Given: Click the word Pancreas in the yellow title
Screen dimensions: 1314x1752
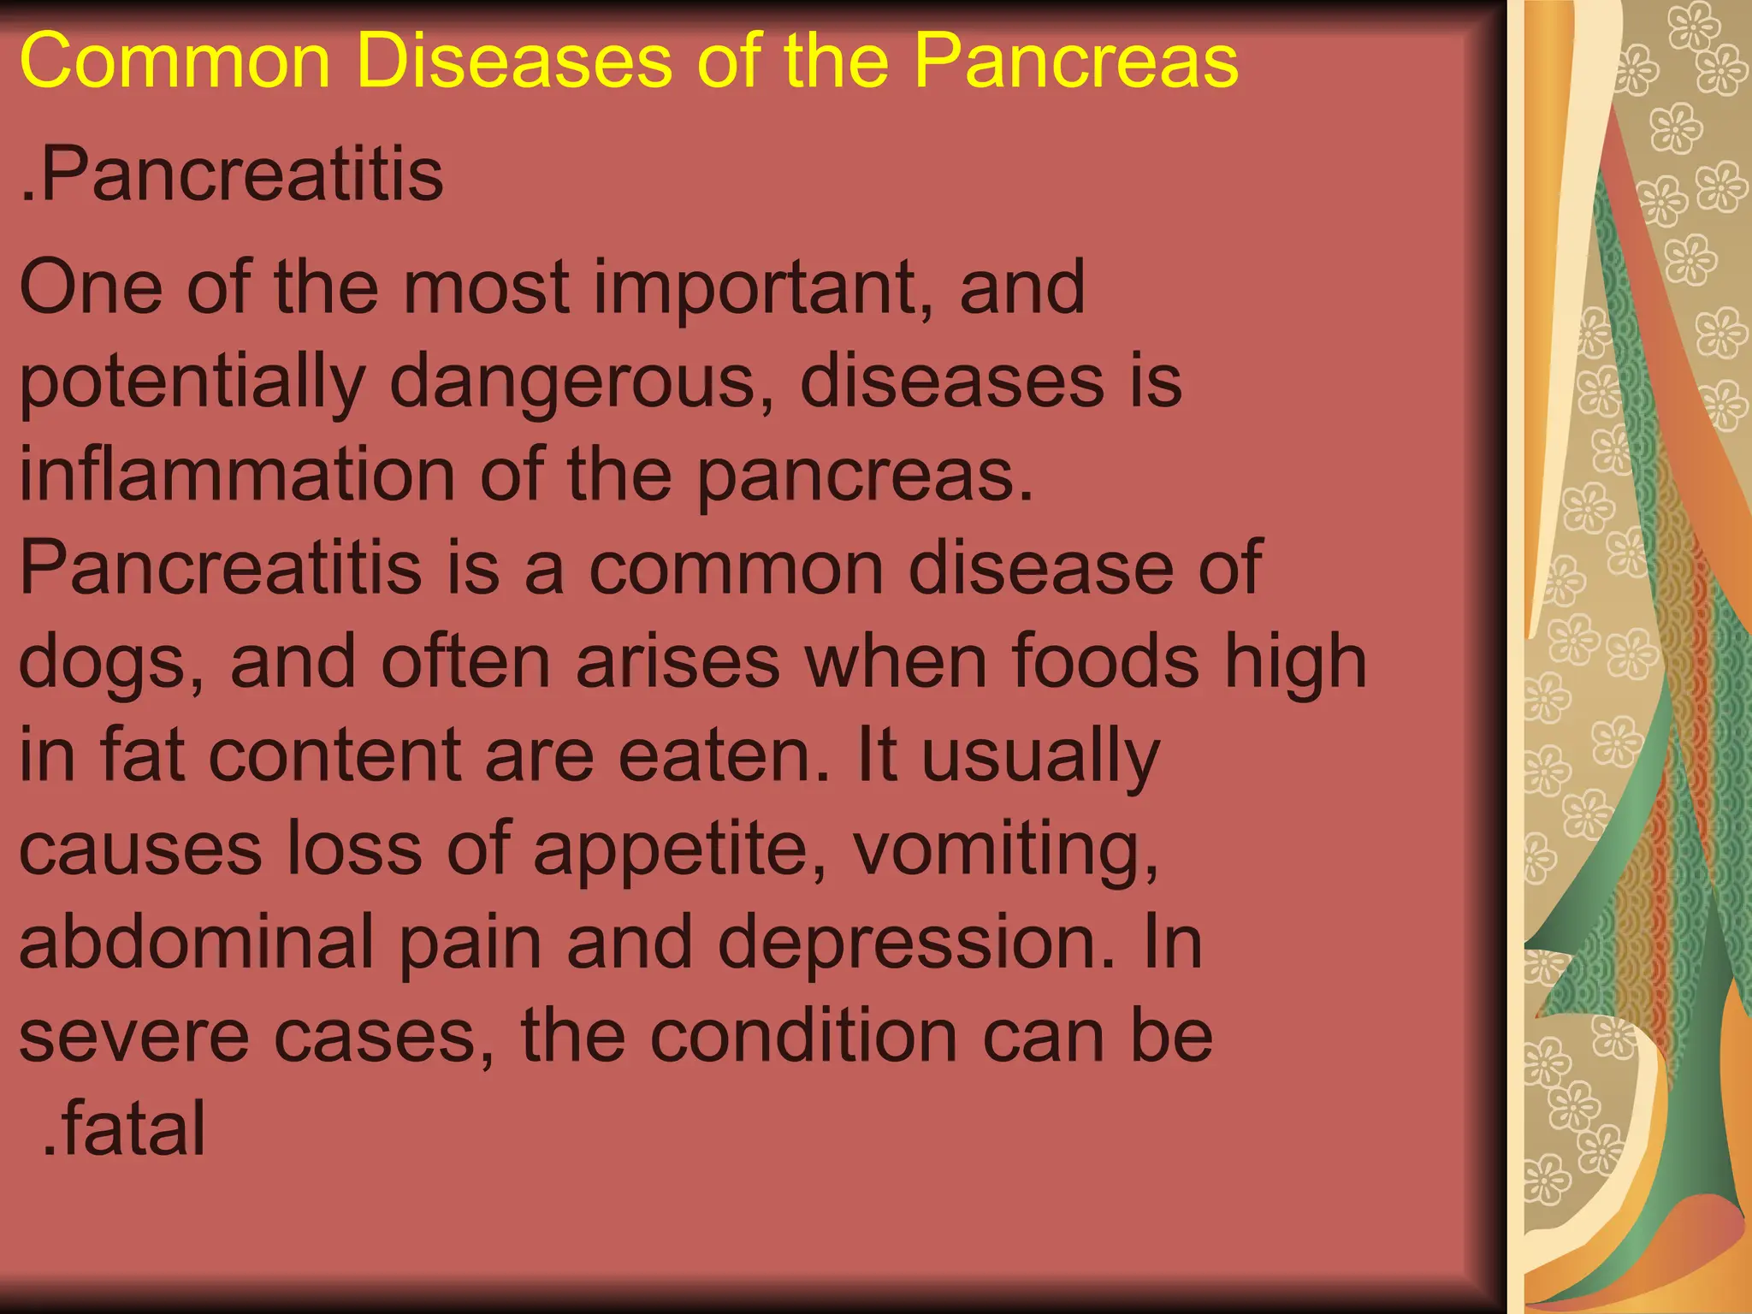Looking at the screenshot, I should point(1075,62).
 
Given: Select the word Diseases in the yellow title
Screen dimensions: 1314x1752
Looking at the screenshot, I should point(514,62).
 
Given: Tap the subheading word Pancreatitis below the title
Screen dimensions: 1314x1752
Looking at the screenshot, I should point(240,175).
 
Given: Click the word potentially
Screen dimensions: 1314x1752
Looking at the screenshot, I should point(192,382).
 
